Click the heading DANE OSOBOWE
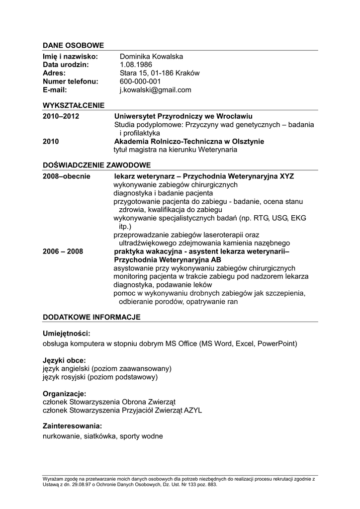(x=73, y=45)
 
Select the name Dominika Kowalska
(x=151, y=57)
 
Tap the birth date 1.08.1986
(x=136, y=65)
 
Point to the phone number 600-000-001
(x=140, y=82)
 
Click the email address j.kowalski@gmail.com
(x=155, y=90)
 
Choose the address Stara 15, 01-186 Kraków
(x=159, y=73)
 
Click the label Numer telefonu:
(x=71, y=82)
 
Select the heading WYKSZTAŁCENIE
(x=74, y=105)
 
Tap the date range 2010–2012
(x=61, y=116)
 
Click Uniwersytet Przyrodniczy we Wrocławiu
(x=183, y=116)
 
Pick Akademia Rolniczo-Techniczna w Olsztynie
(x=189, y=142)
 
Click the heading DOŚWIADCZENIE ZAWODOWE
(x=96, y=165)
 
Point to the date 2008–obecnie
(x=66, y=176)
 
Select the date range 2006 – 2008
(x=63, y=252)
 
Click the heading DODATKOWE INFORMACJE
(x=91, y=317)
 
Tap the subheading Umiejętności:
(x=66, y=334)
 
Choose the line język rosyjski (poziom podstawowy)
(x=100, y=377)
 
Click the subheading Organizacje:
(x=65, y=394)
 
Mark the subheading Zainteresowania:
(x=72, y=426)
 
